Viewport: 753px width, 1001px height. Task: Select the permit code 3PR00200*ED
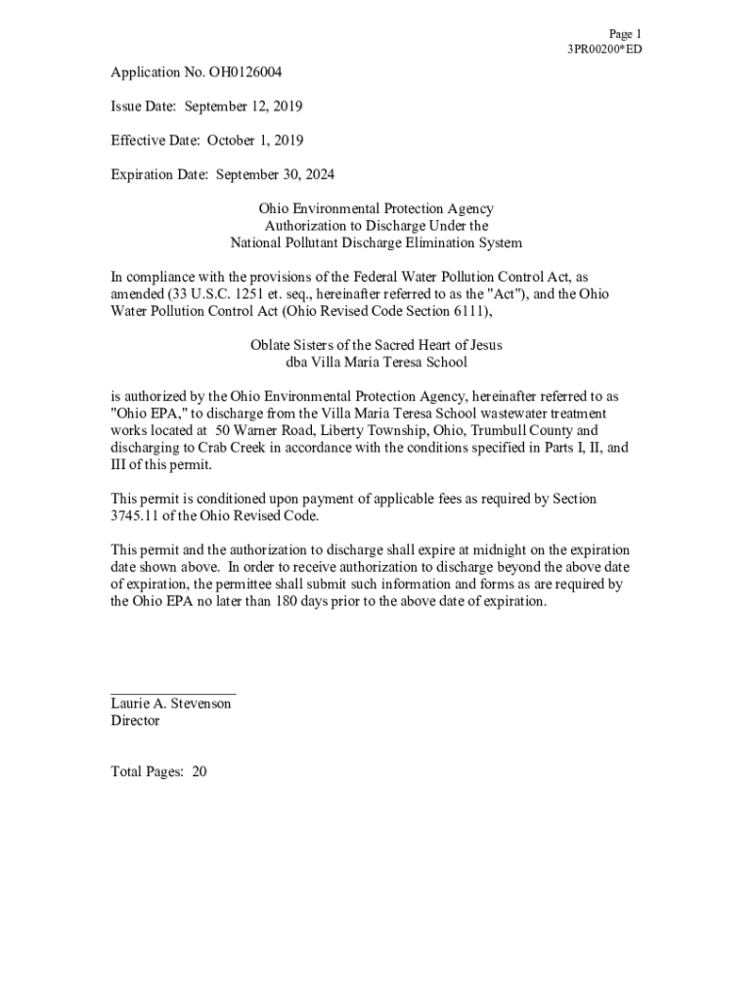click(604, 49)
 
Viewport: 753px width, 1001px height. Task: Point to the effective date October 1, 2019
click(255, 141)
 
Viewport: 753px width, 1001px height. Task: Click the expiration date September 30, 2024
click(275, 175)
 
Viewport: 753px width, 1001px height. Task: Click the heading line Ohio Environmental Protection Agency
click(376, 208)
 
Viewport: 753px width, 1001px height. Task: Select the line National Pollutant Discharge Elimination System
click(376, 242)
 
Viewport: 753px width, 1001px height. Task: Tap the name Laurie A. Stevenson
click(171, 704)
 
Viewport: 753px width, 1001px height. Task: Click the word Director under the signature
click(135, 720)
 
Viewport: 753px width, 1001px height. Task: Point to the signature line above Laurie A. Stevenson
click(173, 692)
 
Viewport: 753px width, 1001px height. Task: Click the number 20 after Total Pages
click(199, 771)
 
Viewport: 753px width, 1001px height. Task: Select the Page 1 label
click(625, 33)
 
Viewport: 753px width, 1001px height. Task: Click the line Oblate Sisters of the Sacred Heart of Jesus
click(376, 345)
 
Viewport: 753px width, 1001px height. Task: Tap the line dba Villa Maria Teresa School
click(376, 362)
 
